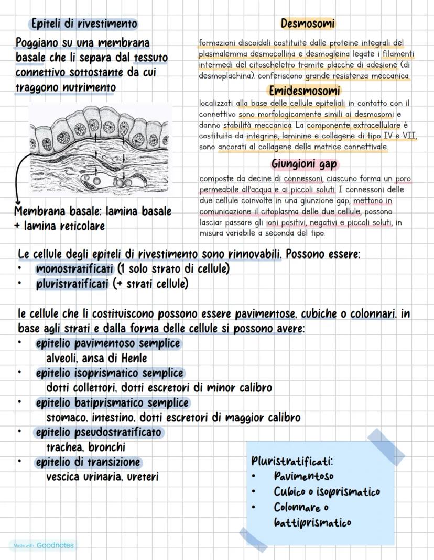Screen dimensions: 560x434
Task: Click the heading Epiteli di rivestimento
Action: pos(84,24)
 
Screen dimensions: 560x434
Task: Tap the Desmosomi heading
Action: pos(308,24)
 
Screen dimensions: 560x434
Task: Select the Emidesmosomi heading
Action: pos(305,91)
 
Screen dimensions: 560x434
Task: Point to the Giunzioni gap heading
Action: pos(304,164)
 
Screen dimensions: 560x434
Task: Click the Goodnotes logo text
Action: pos(55,545)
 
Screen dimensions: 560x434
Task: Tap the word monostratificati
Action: pos(74,269)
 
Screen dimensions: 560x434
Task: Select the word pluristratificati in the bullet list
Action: pos(73,284)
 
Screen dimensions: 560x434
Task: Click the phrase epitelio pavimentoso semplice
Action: pos(107,344)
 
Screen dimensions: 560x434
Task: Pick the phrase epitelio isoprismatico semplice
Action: pos(110,373)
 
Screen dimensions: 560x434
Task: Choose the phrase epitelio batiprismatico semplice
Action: pos(112,403)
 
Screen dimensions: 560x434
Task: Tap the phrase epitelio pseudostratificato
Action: pos(99,433)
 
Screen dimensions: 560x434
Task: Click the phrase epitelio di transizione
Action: pos(88,463)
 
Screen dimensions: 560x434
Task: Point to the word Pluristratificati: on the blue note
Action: pos(292,462)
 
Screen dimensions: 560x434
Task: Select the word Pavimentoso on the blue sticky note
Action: pos(303,477)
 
